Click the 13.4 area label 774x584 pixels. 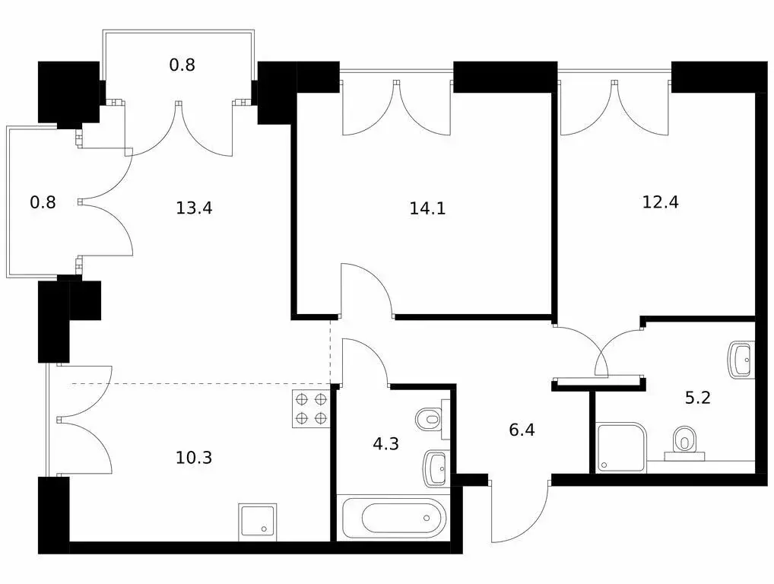(x=194, y=208)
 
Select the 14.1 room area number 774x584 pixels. (x=427, y=208)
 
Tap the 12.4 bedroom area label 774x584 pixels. (x=661, y=202)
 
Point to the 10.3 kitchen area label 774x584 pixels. (x=194, y=458)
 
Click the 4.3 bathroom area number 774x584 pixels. (x=385, y=444)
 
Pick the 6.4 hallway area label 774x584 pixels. (x=522, y=430)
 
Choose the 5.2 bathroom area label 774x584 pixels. (x=697, y=398)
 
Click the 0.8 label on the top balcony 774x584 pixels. (x=182, y=65)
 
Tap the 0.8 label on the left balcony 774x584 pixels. (x=43, y=202)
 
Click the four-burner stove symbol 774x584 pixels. (x=312, y=409)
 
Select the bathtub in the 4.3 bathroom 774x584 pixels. (x=394, y=518)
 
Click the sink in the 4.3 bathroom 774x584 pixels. (x=436, y=468)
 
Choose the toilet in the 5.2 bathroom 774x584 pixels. (x=684, y=443)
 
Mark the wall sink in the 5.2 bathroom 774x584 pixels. (x=742, y=360)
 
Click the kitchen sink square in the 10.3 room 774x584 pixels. (x=257, y=522)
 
